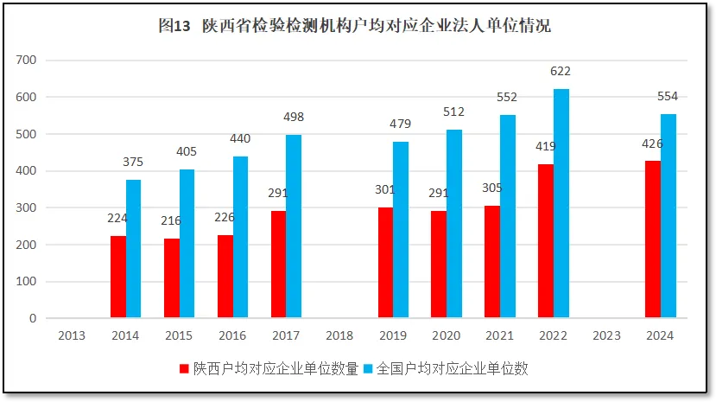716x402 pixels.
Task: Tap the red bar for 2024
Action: click(x=653, y=239)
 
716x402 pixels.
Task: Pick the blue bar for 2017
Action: click(x=294, y=227)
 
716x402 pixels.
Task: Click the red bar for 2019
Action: click(x=385, y=263)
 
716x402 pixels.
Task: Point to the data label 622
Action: click(x=561, y=72)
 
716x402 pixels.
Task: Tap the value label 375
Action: click(x=133, y=163)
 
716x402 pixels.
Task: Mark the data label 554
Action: click(x=668, y=97)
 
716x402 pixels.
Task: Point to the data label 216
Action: click(x=171, y=220)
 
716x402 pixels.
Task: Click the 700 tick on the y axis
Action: click(x=27, y=61)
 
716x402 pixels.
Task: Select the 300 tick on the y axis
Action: click(x=27, y=208)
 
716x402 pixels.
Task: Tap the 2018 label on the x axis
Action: click(x=339, y=335)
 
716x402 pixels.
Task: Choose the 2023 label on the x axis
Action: click(x=607, y=335)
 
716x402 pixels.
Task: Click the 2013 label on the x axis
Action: click(x=72, y=335)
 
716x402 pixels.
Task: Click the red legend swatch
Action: click(x=183, y=368)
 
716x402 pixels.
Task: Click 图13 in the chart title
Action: click(x=174, y=26)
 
